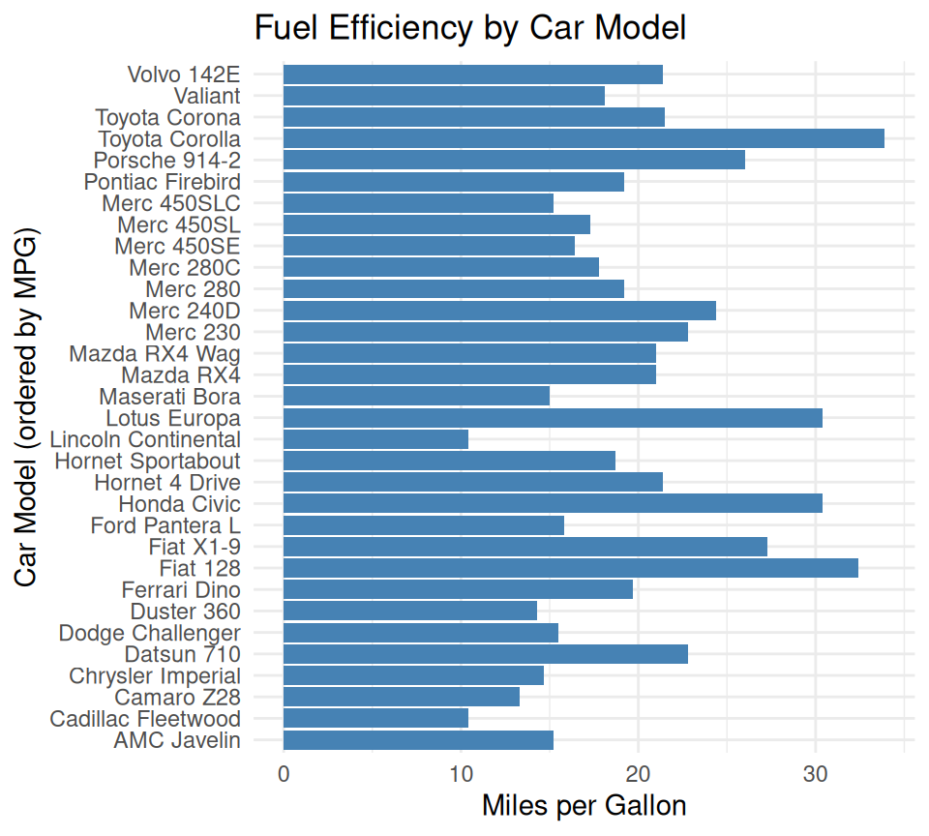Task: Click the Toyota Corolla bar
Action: [584, 138]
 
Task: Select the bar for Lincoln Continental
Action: [375, 439]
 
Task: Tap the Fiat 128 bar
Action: [570, 568]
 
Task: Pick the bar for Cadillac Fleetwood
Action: [375, 718]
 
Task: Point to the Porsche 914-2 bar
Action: [514, 160]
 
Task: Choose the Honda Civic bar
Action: [553, 503]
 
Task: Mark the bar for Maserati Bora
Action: [416, 396]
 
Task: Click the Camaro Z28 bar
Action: [402, 697]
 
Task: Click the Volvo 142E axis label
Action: [184, 75]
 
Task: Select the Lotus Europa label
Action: [173, 418]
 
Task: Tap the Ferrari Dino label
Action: [181, 589]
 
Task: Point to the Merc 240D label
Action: [185, 311]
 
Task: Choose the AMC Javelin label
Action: [177, 740]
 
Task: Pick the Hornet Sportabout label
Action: [147, 461]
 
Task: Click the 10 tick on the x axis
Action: [461, 774]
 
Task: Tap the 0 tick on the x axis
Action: [284, 774]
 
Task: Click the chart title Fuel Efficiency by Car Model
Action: [469, 28]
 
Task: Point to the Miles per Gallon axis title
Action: [584, 806]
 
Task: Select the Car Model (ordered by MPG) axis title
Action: [27, 407]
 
